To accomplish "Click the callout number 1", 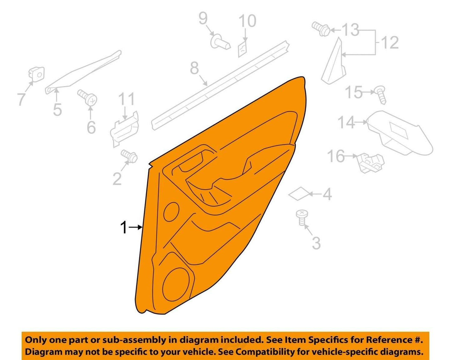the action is (x=124, y=228).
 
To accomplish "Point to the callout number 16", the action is (x=336, y=156).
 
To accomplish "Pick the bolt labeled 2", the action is (x=129, y=156).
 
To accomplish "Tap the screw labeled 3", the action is (x=302, y=217).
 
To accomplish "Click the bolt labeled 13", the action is (x=321, y=29).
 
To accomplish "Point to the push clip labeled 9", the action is (x=220, y=41).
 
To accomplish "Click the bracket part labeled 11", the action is (x=125, y=130).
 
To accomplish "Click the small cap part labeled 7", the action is (x=37, y=74).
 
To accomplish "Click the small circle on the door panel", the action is (x=171, y=212).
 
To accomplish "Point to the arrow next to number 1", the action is (x=135, y=227).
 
